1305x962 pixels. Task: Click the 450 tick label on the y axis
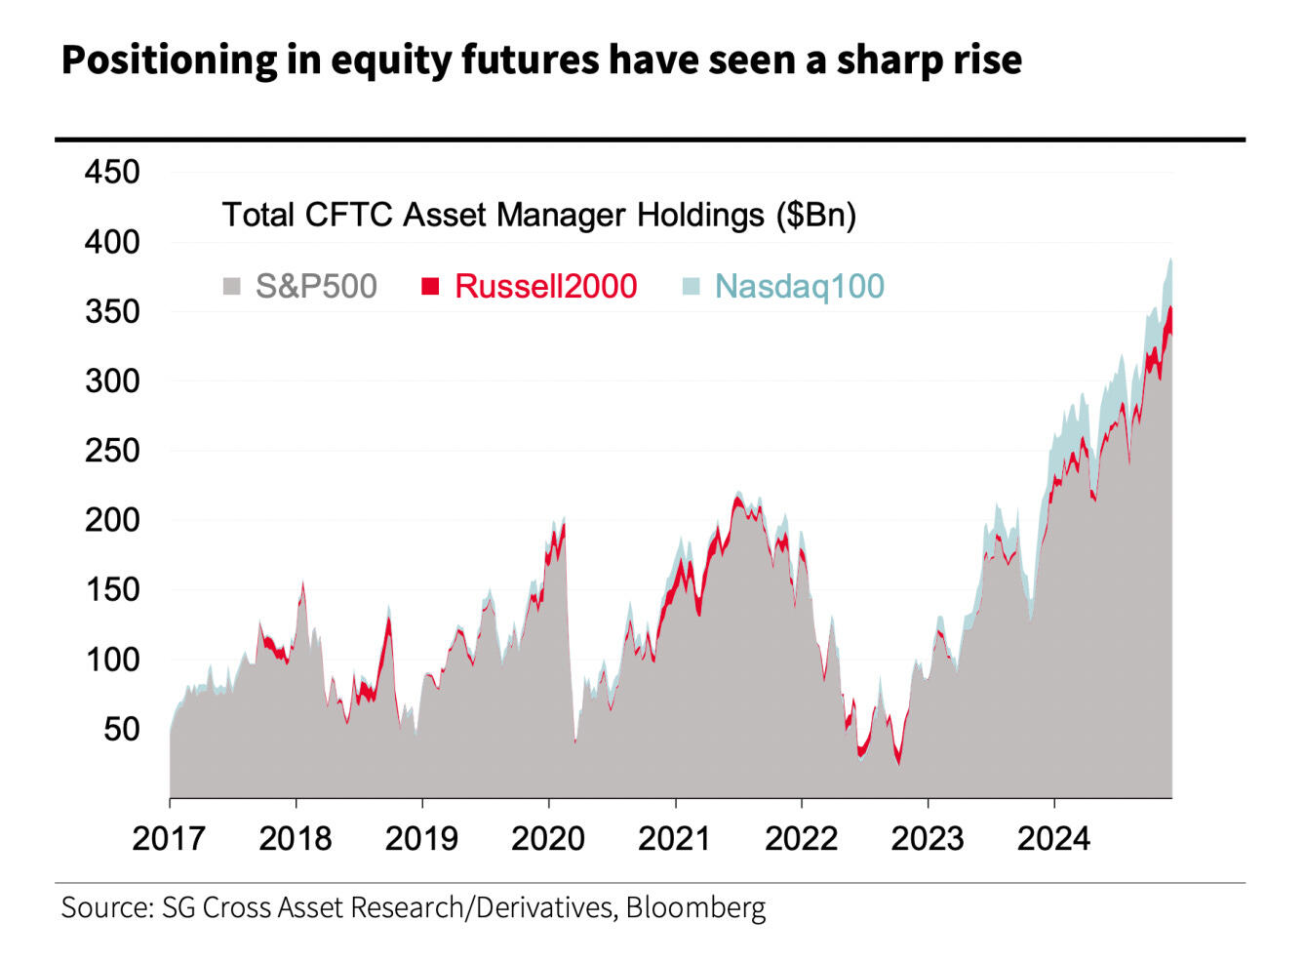coord(112,173)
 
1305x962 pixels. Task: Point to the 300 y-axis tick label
coord(112,381)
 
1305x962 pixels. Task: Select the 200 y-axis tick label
coord(112,521)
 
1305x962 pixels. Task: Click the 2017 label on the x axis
coord(169,839)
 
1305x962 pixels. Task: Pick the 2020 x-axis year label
coord(548,839)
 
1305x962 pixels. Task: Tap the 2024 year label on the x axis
coord(1053,839)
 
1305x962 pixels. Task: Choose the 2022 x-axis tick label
coord(801,839)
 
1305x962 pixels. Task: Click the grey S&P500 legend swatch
coord(232,287)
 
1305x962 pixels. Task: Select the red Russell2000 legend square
coord(430,287)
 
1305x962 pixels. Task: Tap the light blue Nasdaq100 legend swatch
coord(691,287)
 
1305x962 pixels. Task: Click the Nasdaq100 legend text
coord(800,287)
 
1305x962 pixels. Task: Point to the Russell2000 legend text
coord(546,287)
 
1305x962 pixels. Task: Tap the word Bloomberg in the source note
coord(695,907)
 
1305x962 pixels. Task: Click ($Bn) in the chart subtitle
coord(816,215)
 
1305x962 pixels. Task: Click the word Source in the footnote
coord(105,907)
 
